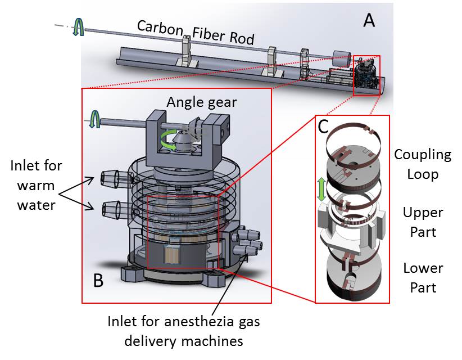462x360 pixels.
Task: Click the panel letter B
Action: click(98, 280)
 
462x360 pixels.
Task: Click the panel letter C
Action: click(323, 127)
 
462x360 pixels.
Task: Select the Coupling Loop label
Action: click(422, 164)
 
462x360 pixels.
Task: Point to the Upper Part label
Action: click(423, 222)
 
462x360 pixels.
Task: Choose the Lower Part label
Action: click(423, 277)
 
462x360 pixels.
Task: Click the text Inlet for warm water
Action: click(36, 186)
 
